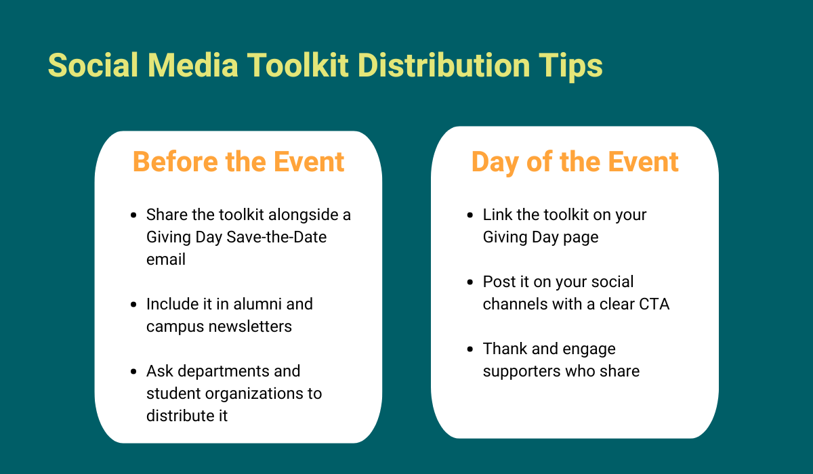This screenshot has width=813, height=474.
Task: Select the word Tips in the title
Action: point(570,66)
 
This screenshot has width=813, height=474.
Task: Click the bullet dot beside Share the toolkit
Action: point(133,215)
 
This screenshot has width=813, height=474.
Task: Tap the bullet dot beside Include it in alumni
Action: point(133,305)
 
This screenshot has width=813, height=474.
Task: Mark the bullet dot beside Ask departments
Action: point(133,372)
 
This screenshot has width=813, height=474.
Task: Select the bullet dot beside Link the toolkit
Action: point(470,215)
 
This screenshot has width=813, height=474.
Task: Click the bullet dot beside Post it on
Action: point(470,282)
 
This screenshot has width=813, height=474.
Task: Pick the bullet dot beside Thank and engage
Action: point(470,349)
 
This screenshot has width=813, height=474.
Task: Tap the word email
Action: point(166,260)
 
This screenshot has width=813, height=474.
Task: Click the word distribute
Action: point(178,416)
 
